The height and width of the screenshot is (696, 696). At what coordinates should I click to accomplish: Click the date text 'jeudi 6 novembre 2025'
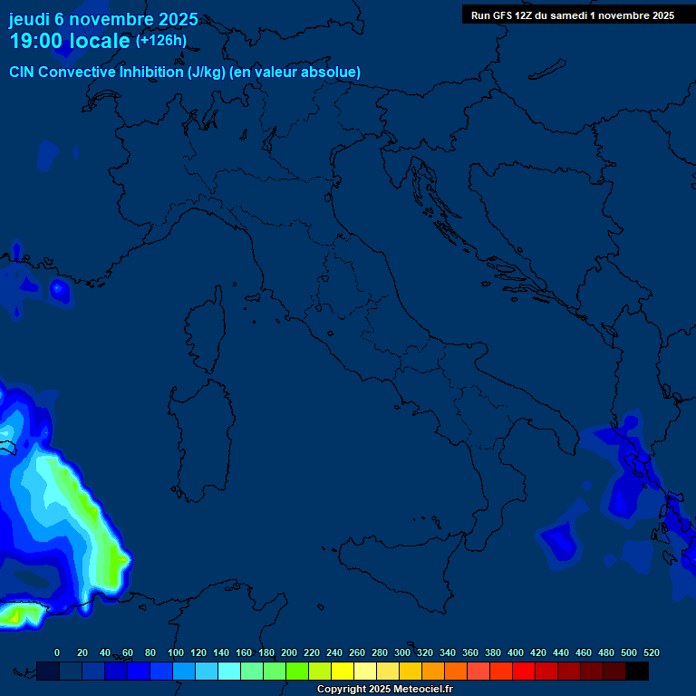point(103,19)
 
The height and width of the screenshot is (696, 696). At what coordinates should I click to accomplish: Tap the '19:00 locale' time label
point(70,41)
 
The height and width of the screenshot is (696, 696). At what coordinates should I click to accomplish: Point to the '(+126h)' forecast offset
point(161,40)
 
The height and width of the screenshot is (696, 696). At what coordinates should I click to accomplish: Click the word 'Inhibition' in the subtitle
point(151,72)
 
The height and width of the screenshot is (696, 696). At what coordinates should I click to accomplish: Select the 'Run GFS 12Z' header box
point(572,14)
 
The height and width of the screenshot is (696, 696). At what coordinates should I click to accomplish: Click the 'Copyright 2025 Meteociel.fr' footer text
point(384,689)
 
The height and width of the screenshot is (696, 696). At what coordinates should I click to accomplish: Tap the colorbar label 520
point(651,652)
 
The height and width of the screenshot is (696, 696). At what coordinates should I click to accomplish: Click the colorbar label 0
point(57,652)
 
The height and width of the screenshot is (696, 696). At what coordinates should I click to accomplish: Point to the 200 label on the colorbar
point(288,652)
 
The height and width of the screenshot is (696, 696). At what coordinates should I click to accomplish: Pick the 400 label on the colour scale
point(515,652)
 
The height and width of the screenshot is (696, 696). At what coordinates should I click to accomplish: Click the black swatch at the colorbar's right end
point(637,671)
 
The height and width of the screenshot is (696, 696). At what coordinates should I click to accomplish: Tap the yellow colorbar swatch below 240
point(343,671)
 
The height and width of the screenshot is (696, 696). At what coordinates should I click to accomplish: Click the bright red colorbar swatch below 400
point(524,671)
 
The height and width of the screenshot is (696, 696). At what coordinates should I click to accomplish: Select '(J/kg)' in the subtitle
point(210,72)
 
